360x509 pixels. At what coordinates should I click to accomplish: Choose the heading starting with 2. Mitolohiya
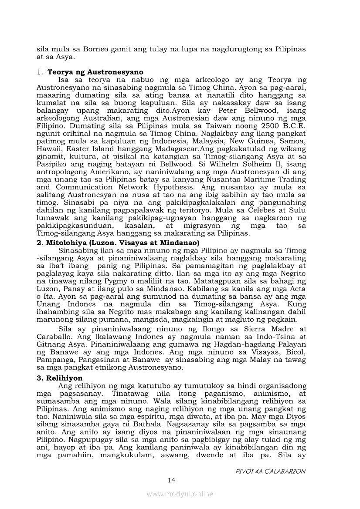[118, 243]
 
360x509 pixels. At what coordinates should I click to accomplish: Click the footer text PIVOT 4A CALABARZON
[270, 471]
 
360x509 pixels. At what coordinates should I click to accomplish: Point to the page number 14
[171, 480]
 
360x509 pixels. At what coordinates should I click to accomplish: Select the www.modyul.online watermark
[180, 494]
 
